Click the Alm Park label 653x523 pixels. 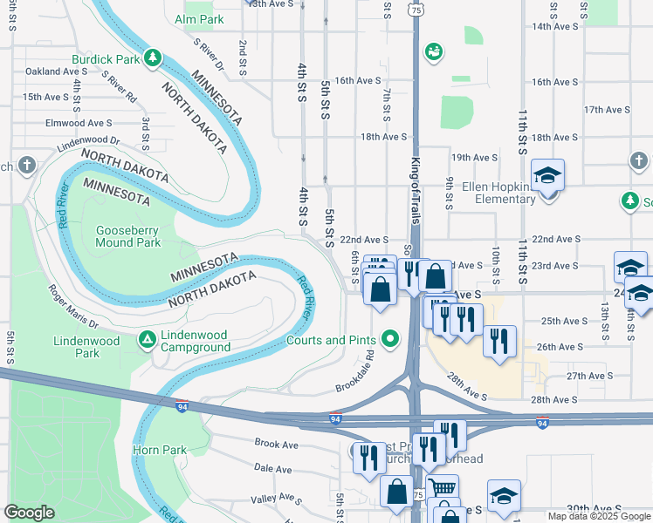[x=199, y=18]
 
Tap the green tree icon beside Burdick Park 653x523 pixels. [x=153, y=58]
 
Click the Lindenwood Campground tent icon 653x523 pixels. [x=148, y=337]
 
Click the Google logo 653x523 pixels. [x=29, y=513]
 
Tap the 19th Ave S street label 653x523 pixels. [x=473, y=157]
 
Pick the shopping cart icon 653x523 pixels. [x=443, y=490]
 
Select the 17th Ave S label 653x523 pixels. [x=607, y=110]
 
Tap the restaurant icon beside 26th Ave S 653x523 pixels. [x=499, y=341]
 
